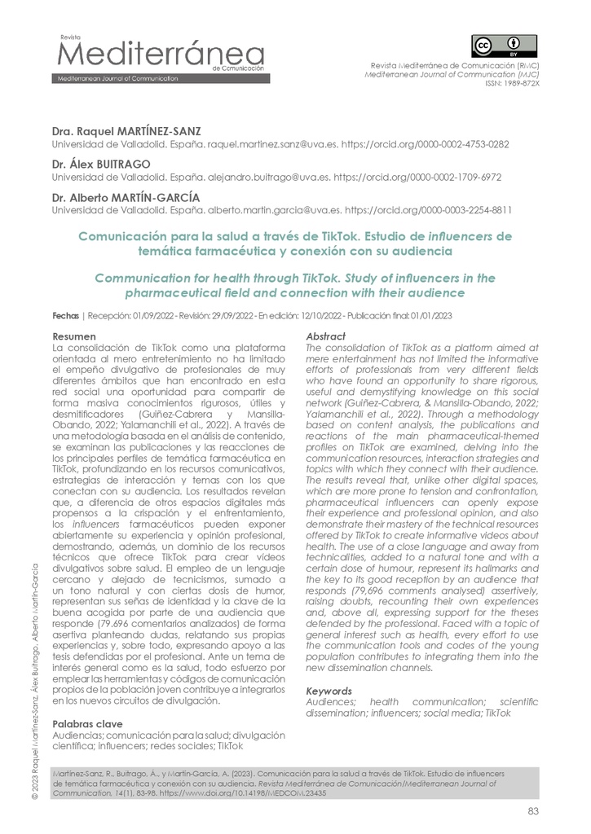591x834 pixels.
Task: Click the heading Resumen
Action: point(74,336)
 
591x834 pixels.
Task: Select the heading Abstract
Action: point(324,336)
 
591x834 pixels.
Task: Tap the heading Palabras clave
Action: point(87,723)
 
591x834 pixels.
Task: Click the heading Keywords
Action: point(329,691)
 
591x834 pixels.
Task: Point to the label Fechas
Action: point(65,314)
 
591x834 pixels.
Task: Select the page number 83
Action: point(534,810)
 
